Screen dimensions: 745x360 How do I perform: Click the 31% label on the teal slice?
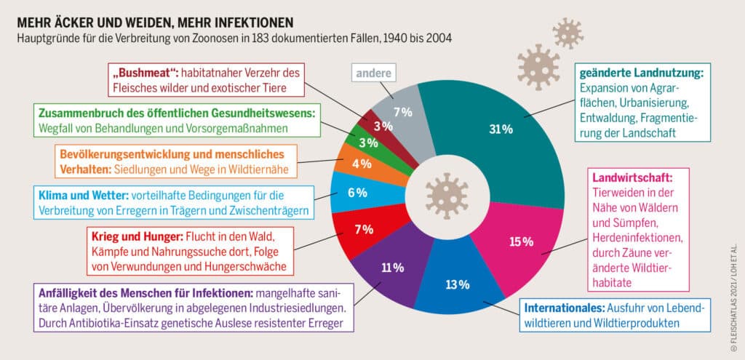point(501,129)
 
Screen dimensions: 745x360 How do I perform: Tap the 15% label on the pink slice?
point(521,242)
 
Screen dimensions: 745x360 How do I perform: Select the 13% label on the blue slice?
point(458,284)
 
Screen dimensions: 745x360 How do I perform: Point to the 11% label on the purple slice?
point(392,268)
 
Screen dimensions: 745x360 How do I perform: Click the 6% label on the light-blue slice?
point(357,193)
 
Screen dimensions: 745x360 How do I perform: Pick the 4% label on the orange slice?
point(362,164)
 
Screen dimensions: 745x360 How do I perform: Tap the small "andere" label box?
point(374,73)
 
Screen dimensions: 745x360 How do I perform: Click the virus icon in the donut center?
point(447,196)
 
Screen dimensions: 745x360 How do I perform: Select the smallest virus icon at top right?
point(567,33)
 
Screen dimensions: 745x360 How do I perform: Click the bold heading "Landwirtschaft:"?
point(633,178)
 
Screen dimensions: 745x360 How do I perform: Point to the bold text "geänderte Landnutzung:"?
point(641,74)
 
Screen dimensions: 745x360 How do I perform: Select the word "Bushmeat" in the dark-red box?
point(143,74)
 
